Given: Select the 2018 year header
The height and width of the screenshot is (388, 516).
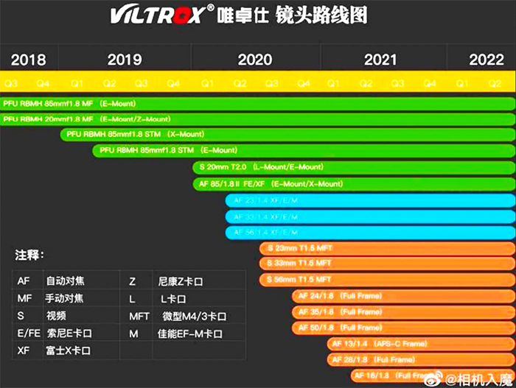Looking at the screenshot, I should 28,60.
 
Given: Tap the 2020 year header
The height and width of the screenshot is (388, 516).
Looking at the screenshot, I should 255,60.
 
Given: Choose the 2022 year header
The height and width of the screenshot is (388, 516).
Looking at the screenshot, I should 486,60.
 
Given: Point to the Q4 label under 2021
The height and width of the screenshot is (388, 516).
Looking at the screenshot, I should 430,83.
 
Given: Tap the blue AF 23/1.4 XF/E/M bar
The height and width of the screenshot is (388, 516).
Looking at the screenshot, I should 369,200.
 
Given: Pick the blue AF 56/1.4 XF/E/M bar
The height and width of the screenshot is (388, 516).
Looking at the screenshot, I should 369,232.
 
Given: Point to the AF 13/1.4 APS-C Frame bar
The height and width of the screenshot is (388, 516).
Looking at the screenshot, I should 420,344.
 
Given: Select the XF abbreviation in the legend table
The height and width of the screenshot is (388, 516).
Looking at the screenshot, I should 24,350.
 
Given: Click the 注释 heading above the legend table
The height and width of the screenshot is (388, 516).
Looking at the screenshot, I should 30,255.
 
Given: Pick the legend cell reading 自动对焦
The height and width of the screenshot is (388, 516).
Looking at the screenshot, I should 65,281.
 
